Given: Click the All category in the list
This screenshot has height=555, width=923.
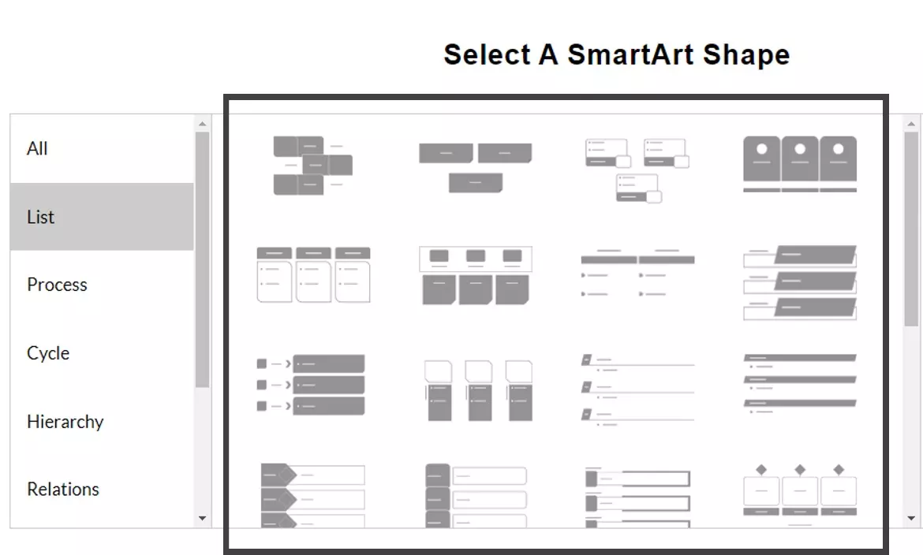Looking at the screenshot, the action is (x=37, y=148).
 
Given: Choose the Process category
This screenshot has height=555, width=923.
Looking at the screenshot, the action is (x=57, y=285).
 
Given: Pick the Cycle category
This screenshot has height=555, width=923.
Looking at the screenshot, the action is (x=48, y=353).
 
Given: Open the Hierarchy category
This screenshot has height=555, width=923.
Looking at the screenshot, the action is (x=65, y=422).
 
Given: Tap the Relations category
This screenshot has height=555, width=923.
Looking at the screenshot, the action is (x=63, y=489).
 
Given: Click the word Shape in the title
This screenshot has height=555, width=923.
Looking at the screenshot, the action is (x=746, y=54).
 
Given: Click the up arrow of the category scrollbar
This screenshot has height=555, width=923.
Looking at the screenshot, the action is (x=203, y=124).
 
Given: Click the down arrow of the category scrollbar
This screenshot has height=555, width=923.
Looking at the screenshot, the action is (x=203, y=518).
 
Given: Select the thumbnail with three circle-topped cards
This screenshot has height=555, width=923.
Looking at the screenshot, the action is (x=800, y=164).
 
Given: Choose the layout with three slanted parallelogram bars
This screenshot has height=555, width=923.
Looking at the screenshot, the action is (x=800, y=282).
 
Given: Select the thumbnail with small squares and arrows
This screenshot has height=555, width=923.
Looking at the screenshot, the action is (x=311, y=384).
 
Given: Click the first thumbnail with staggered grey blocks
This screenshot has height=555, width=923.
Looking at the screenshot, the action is (x=312, y=166).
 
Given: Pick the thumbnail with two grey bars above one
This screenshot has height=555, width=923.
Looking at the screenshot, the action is (x=476, y=167).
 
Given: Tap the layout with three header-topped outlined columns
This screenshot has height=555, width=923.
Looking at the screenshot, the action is (x=314, y=275).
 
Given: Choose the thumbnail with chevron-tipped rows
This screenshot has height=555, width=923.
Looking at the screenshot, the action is (x=312, y=495).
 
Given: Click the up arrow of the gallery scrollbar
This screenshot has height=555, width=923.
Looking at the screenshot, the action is (x=911, y=124).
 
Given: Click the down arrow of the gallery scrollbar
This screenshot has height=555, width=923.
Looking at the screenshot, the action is (x=911, y=518).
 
